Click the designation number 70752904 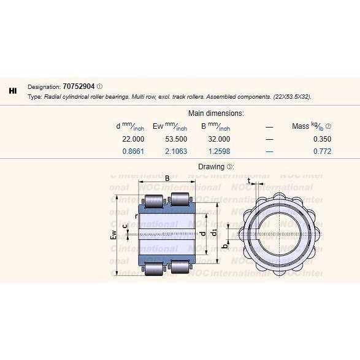79,86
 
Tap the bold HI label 13,91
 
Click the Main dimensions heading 216,113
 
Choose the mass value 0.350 321,139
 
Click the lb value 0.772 321,151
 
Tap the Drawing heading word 211,167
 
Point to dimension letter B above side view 166,179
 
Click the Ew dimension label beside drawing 113,237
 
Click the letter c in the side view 125,228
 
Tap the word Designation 44,86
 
